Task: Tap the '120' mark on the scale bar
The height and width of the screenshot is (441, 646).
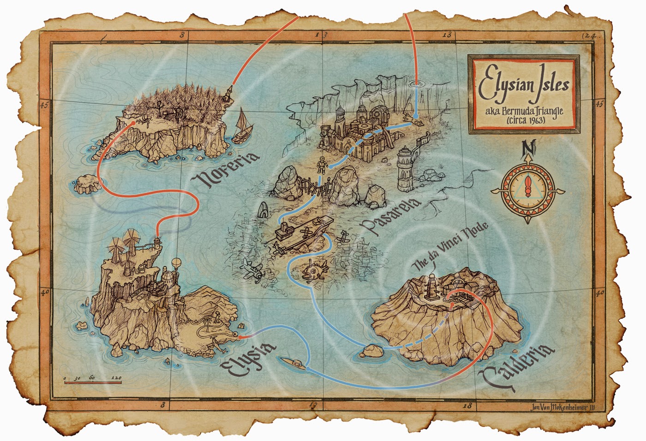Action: [x=116, y=378]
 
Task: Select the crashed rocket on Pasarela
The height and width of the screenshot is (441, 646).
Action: [x=411, y=120]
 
